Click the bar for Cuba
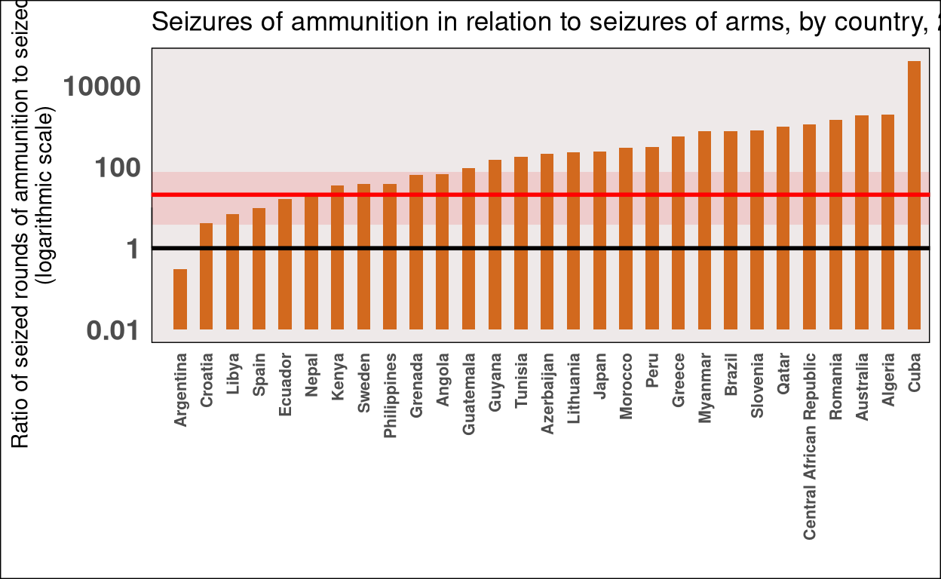coord(914,195)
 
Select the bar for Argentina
coord(180,299)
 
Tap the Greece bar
coord(678,233)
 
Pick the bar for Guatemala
coord(468,249)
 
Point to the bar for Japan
coord(599,240)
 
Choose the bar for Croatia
coord(207,276)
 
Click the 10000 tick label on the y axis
coord(102,87)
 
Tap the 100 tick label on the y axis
coord(118,167)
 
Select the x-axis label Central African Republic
coord(810,446)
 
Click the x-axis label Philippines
coord(390,395)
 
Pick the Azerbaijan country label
coord(547,393)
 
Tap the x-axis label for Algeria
coord(888,380)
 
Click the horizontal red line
coord(528,195)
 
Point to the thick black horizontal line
coord(528,248)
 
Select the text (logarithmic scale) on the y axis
coord(47,200)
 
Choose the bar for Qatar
coord(783,228)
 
